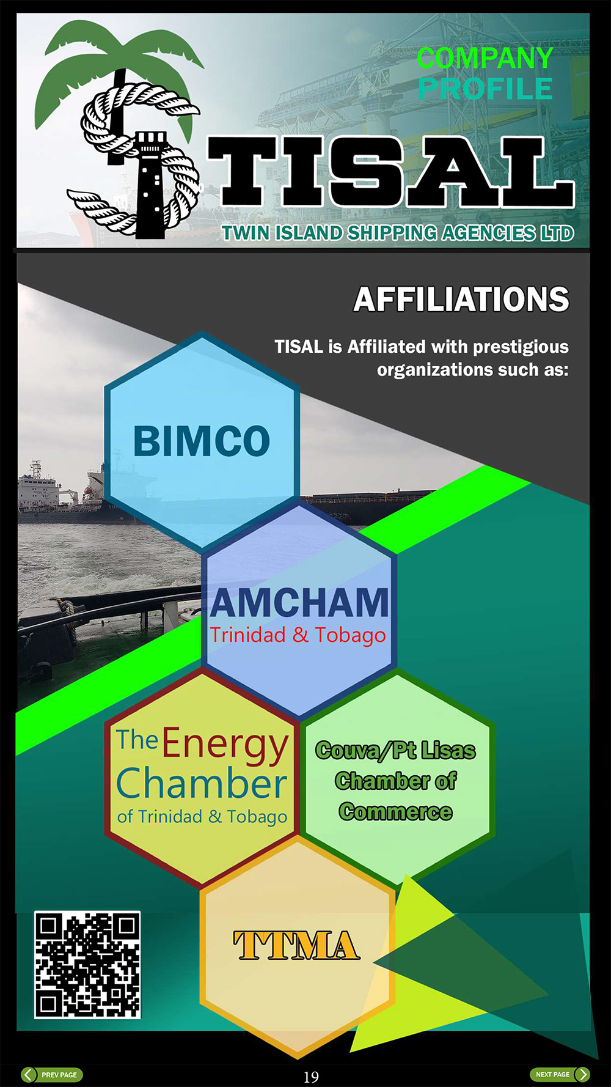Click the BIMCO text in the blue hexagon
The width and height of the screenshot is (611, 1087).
coord(202,441)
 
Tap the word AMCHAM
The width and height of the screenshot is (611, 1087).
coord(299,603)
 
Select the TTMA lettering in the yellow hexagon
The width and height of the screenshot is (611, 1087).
coord(296,946)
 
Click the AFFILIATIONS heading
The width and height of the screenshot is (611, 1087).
coord(461,300)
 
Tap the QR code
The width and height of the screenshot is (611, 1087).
coord(87,965)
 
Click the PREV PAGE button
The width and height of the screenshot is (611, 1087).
coord(51,1075)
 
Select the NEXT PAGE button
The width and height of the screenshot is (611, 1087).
coord(560,1074)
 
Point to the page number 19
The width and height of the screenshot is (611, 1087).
coord(311,1077)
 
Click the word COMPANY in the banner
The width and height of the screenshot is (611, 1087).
coord(485,58)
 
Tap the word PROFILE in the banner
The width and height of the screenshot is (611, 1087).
coord(486,89)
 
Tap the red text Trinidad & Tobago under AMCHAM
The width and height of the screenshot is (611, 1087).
coord(298,635)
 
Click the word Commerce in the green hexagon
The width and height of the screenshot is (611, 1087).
coord(396,811)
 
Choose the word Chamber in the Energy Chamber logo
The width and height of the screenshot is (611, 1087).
coord(202,784)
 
